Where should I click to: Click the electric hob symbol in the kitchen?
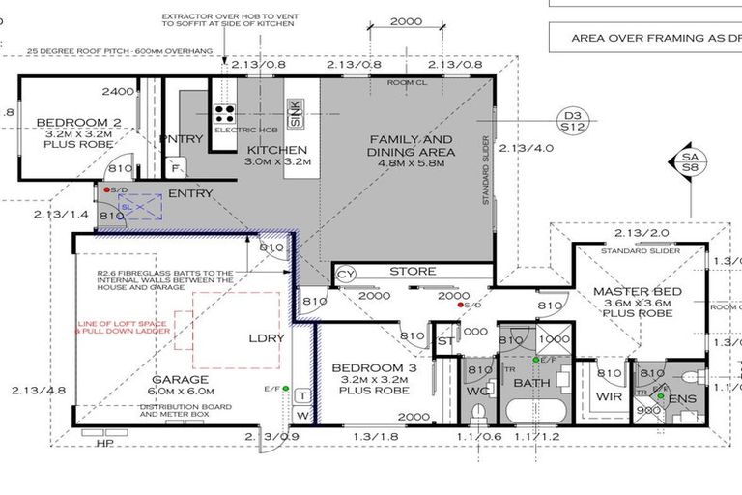225,112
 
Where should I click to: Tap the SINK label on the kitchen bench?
295,114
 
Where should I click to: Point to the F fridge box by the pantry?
175,167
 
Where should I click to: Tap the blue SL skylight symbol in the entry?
126,206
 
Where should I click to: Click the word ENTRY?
190,194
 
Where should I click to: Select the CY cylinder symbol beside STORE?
346,276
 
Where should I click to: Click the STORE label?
413,272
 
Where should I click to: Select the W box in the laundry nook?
301,417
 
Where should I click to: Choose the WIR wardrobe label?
607,396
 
